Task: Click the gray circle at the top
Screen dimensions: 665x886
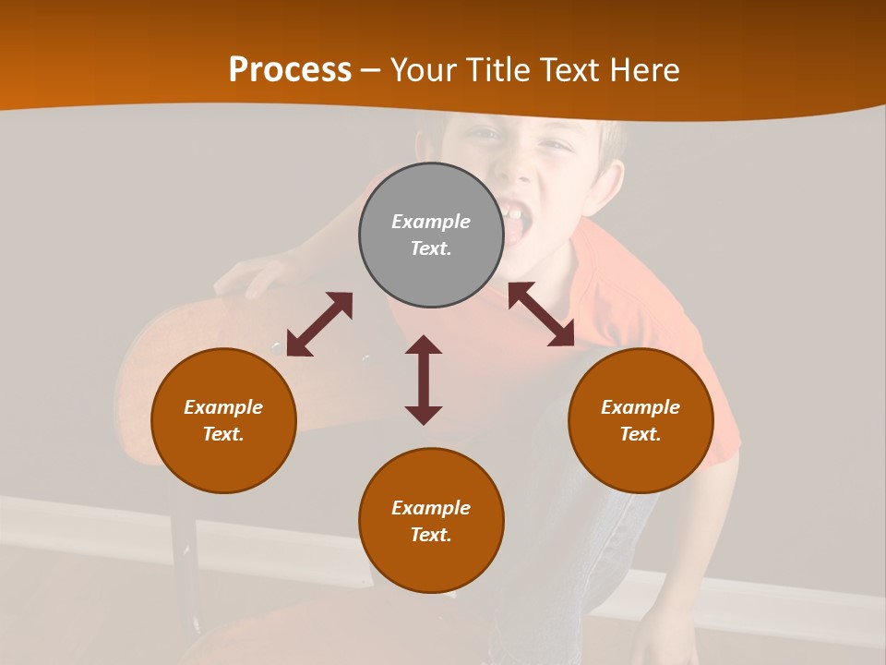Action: (x=431, y=236)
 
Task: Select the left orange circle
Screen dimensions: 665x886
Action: (x=223, y=421)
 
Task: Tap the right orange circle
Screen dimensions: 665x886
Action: (x=641, y=421)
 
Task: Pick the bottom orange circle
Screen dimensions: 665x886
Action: (x=431, y=521)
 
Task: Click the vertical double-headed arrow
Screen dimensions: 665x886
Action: (x=424, y=380)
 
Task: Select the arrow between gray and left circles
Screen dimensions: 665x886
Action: (x=319, y=324)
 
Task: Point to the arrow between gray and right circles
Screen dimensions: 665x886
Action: (x=542, y=314)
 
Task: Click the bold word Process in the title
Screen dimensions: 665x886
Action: (x=290, y=70)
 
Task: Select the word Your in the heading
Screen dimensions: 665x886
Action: (x=426, y=70)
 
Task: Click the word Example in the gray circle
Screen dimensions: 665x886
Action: (x=431, y=222)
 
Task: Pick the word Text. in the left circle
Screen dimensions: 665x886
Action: (x=223, y=434)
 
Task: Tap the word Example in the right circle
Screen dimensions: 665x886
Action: (x=641, y=407)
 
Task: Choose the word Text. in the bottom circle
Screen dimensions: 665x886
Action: (x=431, y=535)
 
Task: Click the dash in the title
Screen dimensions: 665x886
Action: (x=371, y=70)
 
